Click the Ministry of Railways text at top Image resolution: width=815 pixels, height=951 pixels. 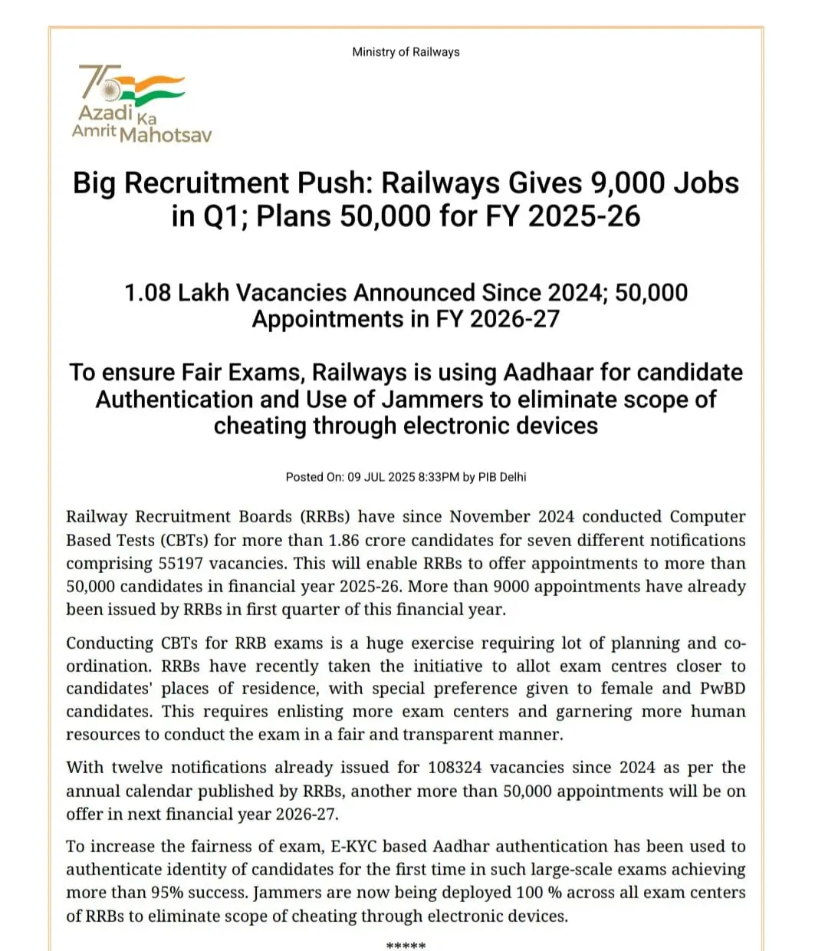click(406, 52)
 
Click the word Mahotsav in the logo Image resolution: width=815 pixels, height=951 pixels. click(165, 136)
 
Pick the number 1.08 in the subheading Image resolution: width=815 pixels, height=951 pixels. click(147, 293)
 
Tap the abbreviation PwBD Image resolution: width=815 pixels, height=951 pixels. click(722, 689)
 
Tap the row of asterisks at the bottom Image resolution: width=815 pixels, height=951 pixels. click(406, 945)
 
